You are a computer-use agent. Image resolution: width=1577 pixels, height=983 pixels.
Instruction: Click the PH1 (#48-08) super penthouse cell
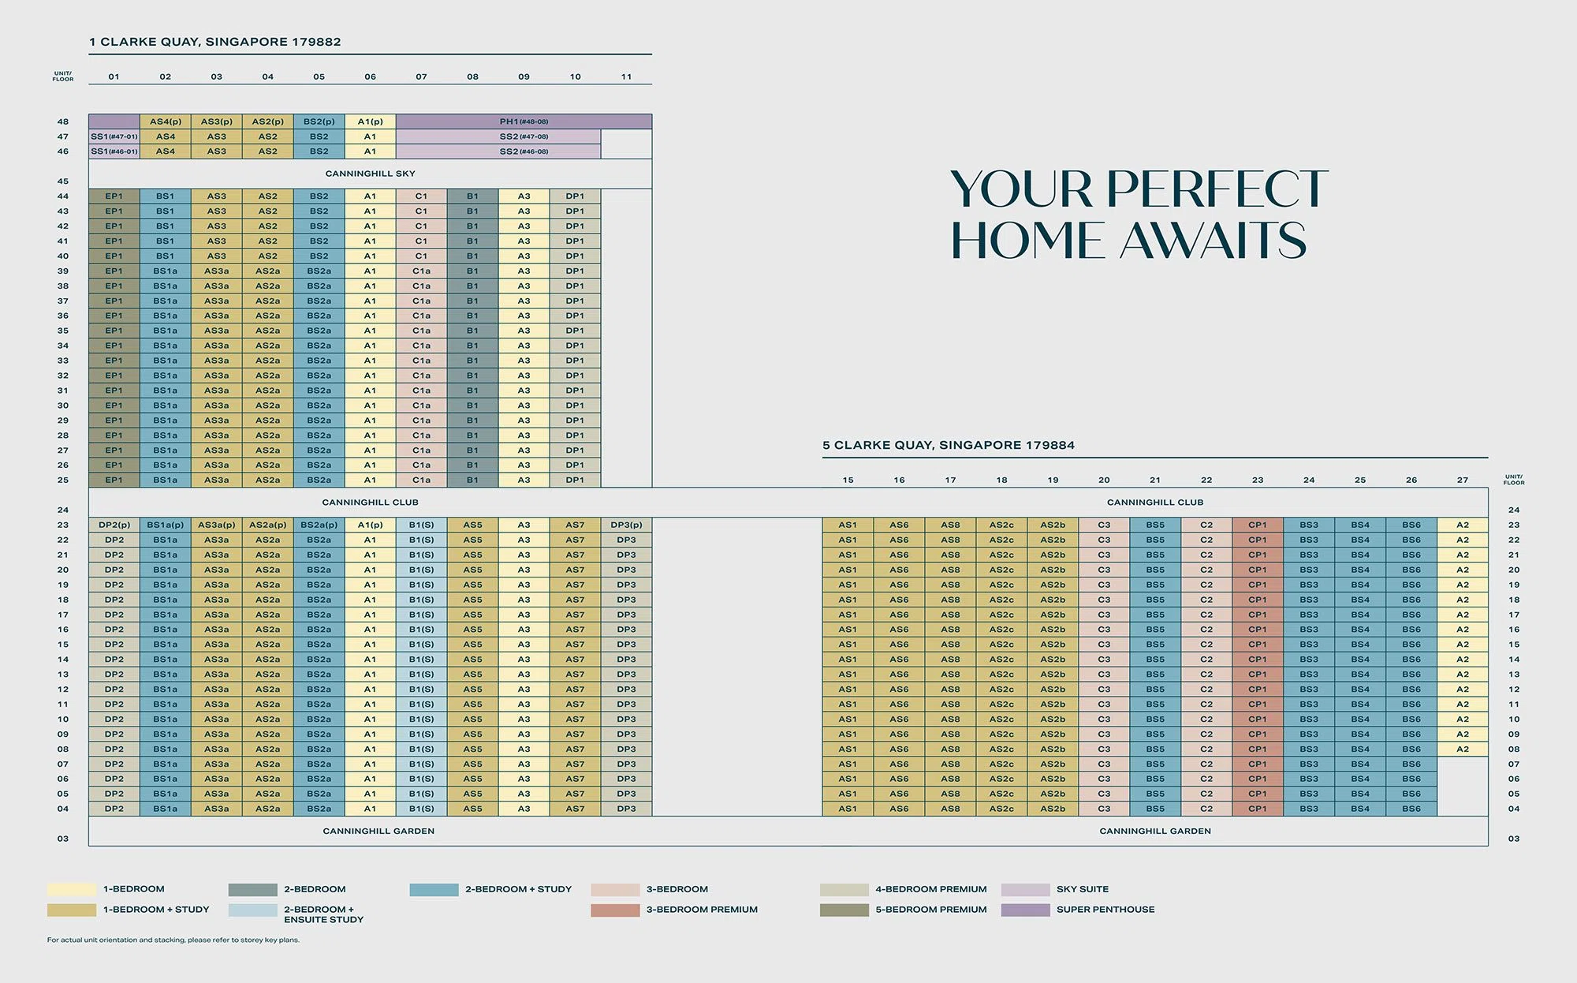pyautogui.click(x=524, y=121)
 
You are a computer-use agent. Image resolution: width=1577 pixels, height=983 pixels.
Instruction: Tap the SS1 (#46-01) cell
pyautogui.click(x=114, y=151)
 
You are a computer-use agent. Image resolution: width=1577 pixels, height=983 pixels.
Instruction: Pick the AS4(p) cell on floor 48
pyautogui.click(x=166, y=121)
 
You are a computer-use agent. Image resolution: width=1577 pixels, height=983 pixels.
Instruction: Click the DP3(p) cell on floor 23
pyautogui.click(x=627, y=525)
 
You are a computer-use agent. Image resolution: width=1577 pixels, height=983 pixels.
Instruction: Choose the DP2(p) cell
pyautogui.click(x=114, y=525)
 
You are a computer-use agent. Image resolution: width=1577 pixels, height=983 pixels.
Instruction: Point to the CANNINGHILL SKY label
pyautogui.click(x=370, y=174)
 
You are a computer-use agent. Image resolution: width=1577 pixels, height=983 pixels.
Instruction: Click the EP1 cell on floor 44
pyautogui.click(x=114, y=196)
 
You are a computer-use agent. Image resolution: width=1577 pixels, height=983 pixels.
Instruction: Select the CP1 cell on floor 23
pyautogui.click(x=1258, y=525)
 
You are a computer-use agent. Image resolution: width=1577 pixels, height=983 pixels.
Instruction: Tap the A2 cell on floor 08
pyautogui.click(x=1463, y=749)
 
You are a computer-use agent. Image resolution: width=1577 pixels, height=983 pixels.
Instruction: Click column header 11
pyautogui.click(x=626, y=77)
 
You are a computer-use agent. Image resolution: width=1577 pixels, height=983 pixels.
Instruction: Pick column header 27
pyautogui.click(x=1463, y=480)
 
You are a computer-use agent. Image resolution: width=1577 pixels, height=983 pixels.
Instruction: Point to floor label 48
pyautogui.click(x=63, y=121)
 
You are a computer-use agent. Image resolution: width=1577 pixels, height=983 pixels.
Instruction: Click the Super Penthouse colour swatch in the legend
pyautogui.click(x=1026, y=910)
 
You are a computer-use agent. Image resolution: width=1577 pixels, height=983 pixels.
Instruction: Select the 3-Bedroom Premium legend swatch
pyautogui.click(x=615, y=910)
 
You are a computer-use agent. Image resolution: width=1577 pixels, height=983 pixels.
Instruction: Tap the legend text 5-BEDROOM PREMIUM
pyautogui.click(x=931, y=910)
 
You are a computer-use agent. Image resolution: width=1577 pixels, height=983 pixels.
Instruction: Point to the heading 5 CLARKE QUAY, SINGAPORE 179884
pyautogui.click(x=949, y=445)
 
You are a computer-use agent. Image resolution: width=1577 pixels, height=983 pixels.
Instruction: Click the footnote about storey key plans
pyautogui.click(x=173, y=940)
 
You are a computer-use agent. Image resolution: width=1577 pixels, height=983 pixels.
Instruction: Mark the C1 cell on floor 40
pyautogui.click(x=422, y=256)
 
